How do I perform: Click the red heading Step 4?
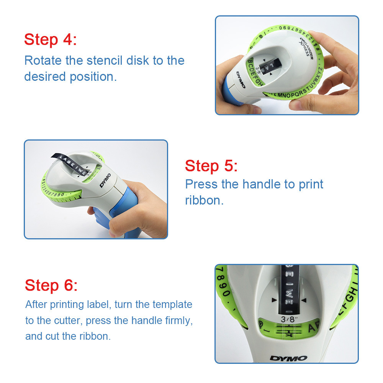pyautogui.click(x=50, y=39)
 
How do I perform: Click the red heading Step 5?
pyautogui.click(x=211, y=166)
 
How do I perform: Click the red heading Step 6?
pyautogui.click(x=51, y=285)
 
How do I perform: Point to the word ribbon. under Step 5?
pyautogui.click(x=204, y=200)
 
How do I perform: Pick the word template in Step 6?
pyautogui.click(x=172, y=305)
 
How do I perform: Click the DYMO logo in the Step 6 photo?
pyautogui.click(x=288, y=358)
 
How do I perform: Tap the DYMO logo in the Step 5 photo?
pyautogui.click(x=105, y=180)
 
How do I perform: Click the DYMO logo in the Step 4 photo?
pyautogui.click(x=241, y=79)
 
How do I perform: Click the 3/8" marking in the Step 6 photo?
pyautogui.click(x=289, y=319)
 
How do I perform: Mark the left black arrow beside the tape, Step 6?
pyautogui.click(x=274, y=300)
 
